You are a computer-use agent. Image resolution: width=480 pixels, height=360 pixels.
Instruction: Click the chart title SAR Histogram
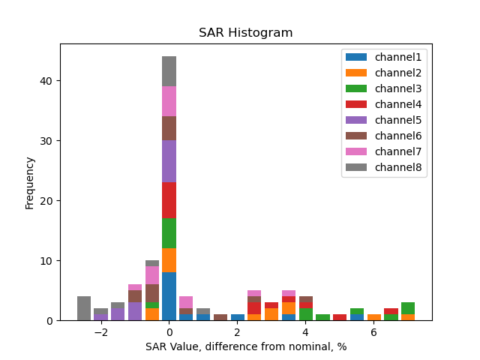245,33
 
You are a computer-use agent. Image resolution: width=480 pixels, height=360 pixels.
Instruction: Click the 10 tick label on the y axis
46,261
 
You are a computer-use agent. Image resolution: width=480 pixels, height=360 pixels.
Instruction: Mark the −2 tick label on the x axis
100,333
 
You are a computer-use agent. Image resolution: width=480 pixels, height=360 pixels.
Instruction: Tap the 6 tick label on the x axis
373,333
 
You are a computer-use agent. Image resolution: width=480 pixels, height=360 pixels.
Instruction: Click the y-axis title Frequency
30,182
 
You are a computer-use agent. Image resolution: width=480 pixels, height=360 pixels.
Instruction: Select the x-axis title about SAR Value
245,347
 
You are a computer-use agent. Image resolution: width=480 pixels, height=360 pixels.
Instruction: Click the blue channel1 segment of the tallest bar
169,296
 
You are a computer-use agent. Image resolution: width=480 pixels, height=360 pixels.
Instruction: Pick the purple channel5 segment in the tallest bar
169,161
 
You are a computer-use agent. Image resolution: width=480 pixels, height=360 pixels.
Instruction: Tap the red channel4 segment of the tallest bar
169,200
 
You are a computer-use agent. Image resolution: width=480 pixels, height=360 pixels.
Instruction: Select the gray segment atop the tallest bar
169,71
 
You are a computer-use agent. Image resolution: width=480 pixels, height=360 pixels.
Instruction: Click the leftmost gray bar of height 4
84,308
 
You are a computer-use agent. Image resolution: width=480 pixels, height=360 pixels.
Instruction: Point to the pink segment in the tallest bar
169,101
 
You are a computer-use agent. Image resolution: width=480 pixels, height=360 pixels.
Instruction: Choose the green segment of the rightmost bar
407,308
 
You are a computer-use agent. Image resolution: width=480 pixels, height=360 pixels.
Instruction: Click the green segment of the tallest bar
169,233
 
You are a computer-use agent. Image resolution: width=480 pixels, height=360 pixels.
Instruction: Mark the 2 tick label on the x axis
237,333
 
